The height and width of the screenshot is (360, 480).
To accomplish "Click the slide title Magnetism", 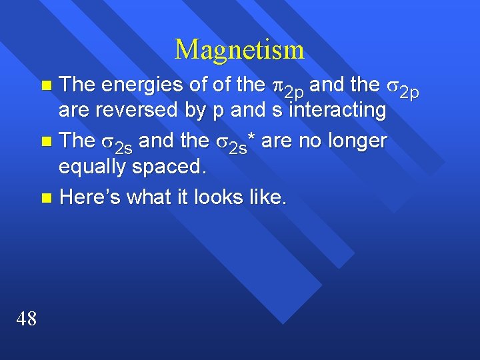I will (x=239, y=50).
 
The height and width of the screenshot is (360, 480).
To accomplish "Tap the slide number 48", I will (x=27, y=319).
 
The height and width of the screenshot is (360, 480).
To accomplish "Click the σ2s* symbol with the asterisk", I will (x=236, y=143).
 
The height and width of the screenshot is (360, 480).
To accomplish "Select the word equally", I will (x=93, y=167).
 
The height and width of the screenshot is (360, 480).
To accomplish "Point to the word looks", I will (x=226, y=197).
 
